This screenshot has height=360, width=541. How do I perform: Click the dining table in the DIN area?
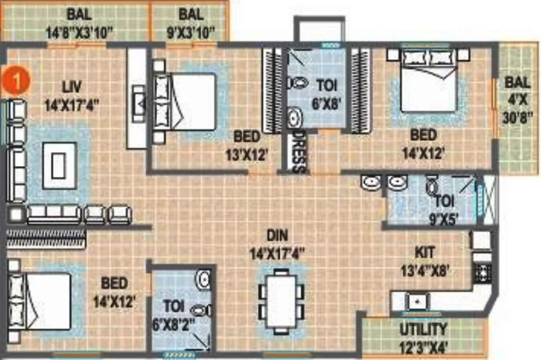click(281, 301)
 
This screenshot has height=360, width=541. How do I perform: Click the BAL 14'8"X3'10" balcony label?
click(79, 23)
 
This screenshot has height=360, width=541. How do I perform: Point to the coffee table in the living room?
click(59, 165)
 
